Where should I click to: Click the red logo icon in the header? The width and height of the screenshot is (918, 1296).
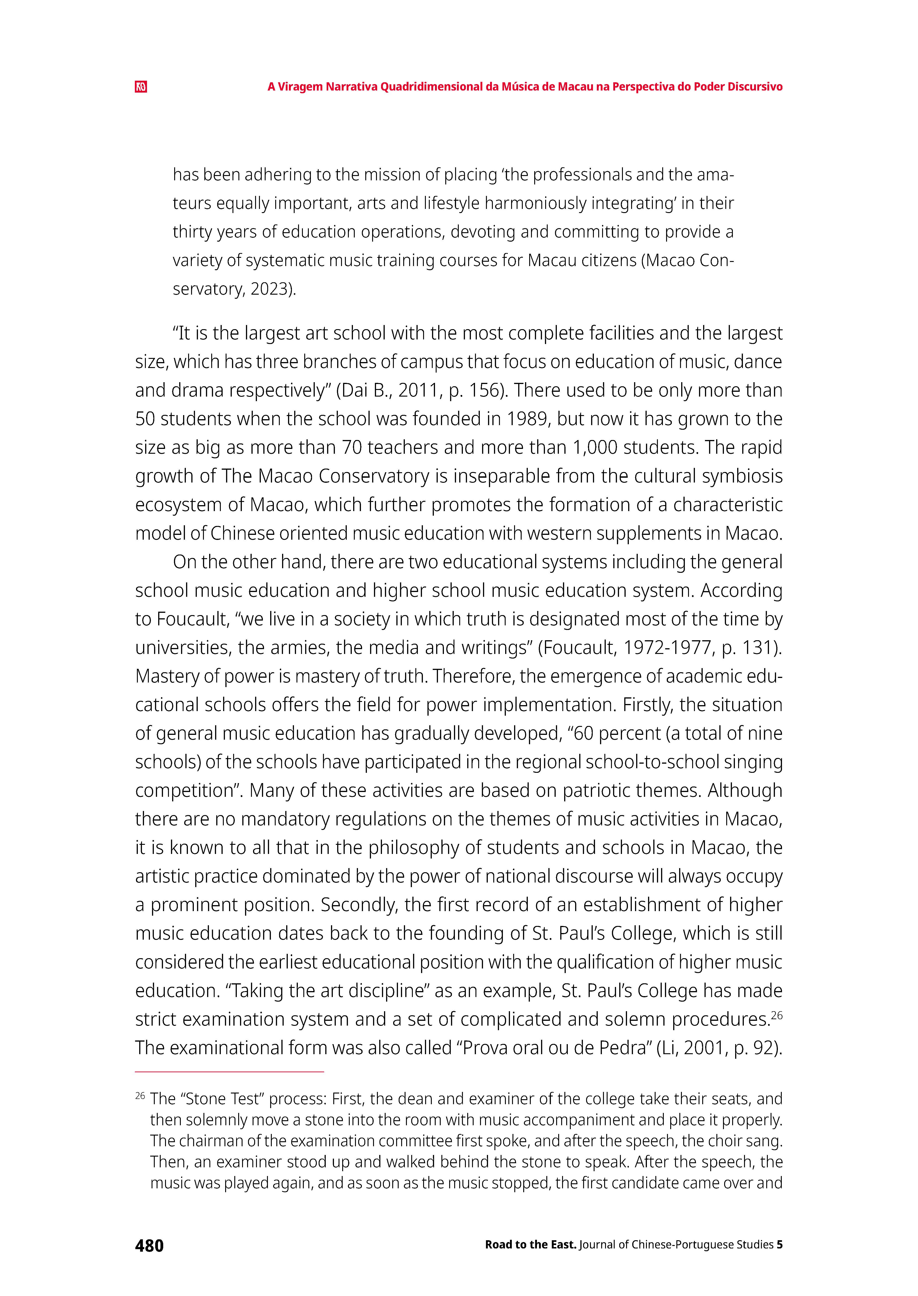pos(141,87)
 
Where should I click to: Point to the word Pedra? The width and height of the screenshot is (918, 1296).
pos(621,1048)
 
